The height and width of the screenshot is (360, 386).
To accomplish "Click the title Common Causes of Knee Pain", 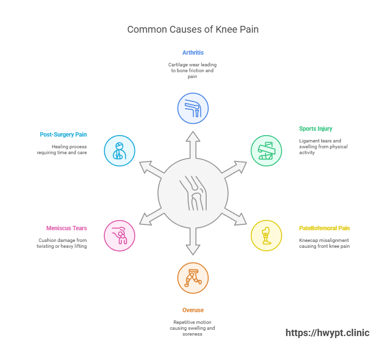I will click(x=193, y=29).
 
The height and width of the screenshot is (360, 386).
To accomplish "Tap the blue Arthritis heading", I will click(x=193, y=52).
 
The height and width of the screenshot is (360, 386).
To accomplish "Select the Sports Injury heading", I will click(x=315, y=129).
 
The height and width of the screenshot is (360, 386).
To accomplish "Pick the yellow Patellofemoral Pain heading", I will click(x=324, y=228).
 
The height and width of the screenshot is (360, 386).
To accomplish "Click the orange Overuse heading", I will click(x=193, y=310).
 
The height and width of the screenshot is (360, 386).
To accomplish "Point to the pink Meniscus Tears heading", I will click(x=67, y=228).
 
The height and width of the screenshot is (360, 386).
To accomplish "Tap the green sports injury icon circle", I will click(x=266, y=150).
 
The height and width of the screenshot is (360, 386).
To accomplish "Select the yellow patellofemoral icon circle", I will click(x=266, y=236).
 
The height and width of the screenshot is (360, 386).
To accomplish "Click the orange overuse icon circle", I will click(x=193, y=278).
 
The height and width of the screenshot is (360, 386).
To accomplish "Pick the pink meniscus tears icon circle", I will click(x=119, y=236).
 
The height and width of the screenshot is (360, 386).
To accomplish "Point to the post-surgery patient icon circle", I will click(x=119, y=150).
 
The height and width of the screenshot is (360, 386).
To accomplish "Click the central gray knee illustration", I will click(x=193, y=193).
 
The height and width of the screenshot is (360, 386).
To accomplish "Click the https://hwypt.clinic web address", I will click(x=327, y=333).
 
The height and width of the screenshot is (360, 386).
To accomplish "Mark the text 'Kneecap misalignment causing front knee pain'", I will click(x=324, y=243).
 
